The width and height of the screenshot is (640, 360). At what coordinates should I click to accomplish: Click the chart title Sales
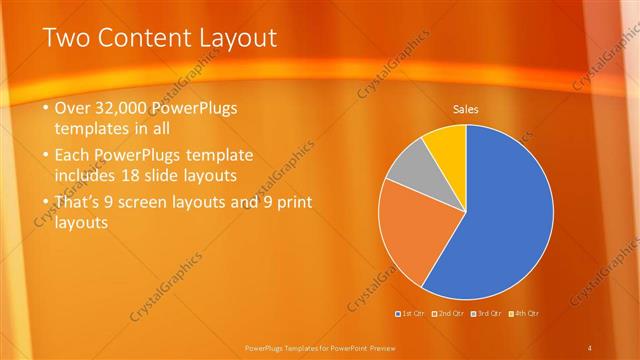(x=466, y=107)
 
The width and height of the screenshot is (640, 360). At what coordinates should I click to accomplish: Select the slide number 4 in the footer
(x=591, y=346)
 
